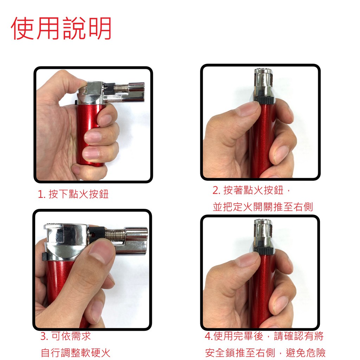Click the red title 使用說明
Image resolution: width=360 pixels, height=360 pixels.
click(61, 28)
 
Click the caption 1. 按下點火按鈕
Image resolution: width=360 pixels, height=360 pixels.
click(73, 194)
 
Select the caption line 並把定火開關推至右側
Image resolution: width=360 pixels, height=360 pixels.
click(263, 207)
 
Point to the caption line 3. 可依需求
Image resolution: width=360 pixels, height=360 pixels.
click(66, 336)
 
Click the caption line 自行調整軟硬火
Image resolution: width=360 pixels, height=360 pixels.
click(76, 353)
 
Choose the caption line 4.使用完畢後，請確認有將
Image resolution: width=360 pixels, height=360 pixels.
click(264, 336)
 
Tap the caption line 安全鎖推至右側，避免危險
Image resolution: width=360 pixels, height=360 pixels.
click(265, 353)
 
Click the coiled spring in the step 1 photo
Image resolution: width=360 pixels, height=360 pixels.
click(121, 89)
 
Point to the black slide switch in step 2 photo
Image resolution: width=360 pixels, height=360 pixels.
click(264, 99)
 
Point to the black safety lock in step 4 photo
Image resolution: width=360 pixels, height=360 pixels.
click(264, 250)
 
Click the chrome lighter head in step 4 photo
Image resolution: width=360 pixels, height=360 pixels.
click(264, 233)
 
